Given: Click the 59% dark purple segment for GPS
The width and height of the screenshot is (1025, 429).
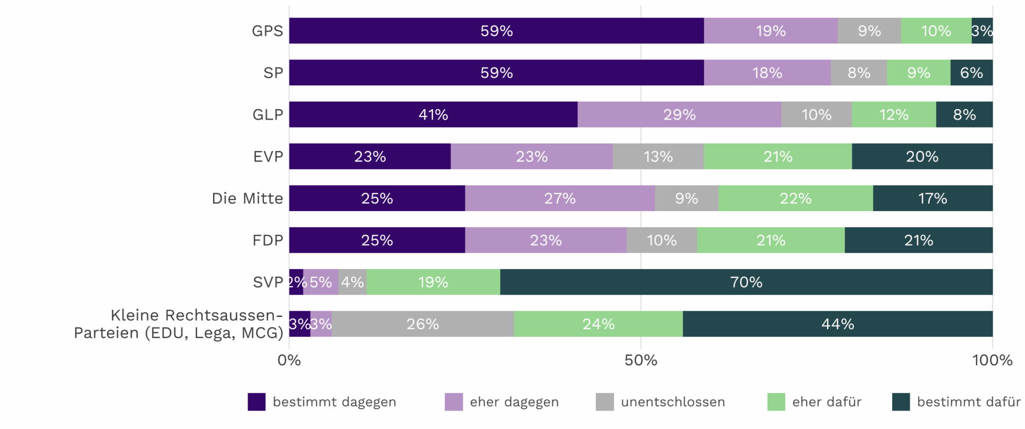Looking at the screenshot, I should (496, 31).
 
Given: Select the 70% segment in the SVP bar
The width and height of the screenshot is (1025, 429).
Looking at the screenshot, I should (746, 282).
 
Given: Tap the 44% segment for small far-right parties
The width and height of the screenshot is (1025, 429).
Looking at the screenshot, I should (837, 324).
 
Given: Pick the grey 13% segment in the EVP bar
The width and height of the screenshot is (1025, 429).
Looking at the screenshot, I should (658, 156).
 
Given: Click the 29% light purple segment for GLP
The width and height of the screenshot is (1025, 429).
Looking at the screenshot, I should (680, 114).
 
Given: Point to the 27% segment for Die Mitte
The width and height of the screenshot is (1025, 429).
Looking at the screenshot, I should (560, 198).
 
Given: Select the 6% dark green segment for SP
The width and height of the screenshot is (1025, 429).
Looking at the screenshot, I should (971, 73).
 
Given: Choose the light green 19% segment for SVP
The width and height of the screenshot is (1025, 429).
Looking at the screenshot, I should (433, 282).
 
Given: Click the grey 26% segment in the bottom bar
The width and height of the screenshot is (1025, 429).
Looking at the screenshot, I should (423, 324).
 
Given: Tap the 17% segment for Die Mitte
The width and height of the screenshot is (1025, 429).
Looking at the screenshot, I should (932, 198).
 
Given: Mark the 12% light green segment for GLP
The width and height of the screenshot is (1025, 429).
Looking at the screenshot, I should (894, 114).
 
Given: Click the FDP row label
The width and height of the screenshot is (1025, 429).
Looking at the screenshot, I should (268, 240).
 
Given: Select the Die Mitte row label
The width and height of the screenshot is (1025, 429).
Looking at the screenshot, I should (247, 198).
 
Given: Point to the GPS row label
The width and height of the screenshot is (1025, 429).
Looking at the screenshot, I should (267, 31).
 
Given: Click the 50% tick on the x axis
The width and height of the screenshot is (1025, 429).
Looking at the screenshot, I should (641, 360).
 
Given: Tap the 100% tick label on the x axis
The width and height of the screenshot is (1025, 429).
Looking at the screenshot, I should (992, 360).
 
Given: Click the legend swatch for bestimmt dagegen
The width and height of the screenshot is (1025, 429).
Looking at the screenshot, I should (257, 402).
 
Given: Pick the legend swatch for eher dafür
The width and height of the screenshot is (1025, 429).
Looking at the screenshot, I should (776, 402).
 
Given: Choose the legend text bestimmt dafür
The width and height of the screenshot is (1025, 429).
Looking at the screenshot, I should (969, 402).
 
